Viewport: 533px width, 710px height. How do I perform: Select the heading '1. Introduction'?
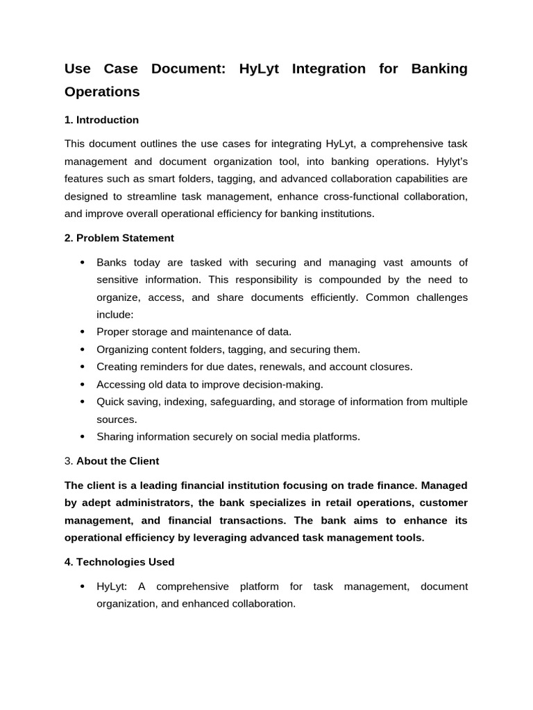(x=101, y=120)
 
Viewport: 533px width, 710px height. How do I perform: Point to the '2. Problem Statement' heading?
(x=119, y=238)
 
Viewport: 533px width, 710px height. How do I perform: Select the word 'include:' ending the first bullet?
(x=115, y=314)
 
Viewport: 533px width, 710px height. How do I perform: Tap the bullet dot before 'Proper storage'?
(x=83, y=332)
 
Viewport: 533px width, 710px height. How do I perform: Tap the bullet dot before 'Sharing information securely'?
(x=83, y=437)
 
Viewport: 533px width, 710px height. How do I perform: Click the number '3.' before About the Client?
(x=69, y=461)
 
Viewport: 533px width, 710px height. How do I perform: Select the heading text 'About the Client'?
(x=117, y=461)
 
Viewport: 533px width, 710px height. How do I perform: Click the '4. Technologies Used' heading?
(x=119, y=562)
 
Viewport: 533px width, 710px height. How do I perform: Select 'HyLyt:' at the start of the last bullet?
(x=112, y=586)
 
